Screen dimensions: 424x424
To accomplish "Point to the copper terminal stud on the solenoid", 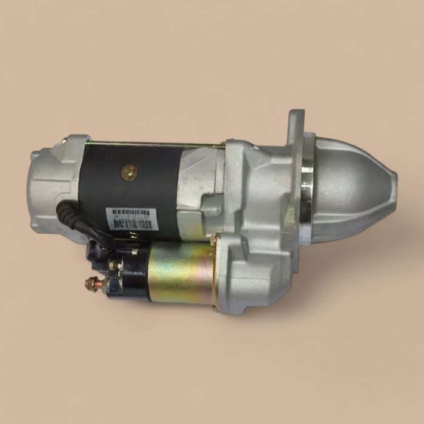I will tap(92, 282).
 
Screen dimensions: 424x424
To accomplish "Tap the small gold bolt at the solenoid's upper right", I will tap(213, 242).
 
